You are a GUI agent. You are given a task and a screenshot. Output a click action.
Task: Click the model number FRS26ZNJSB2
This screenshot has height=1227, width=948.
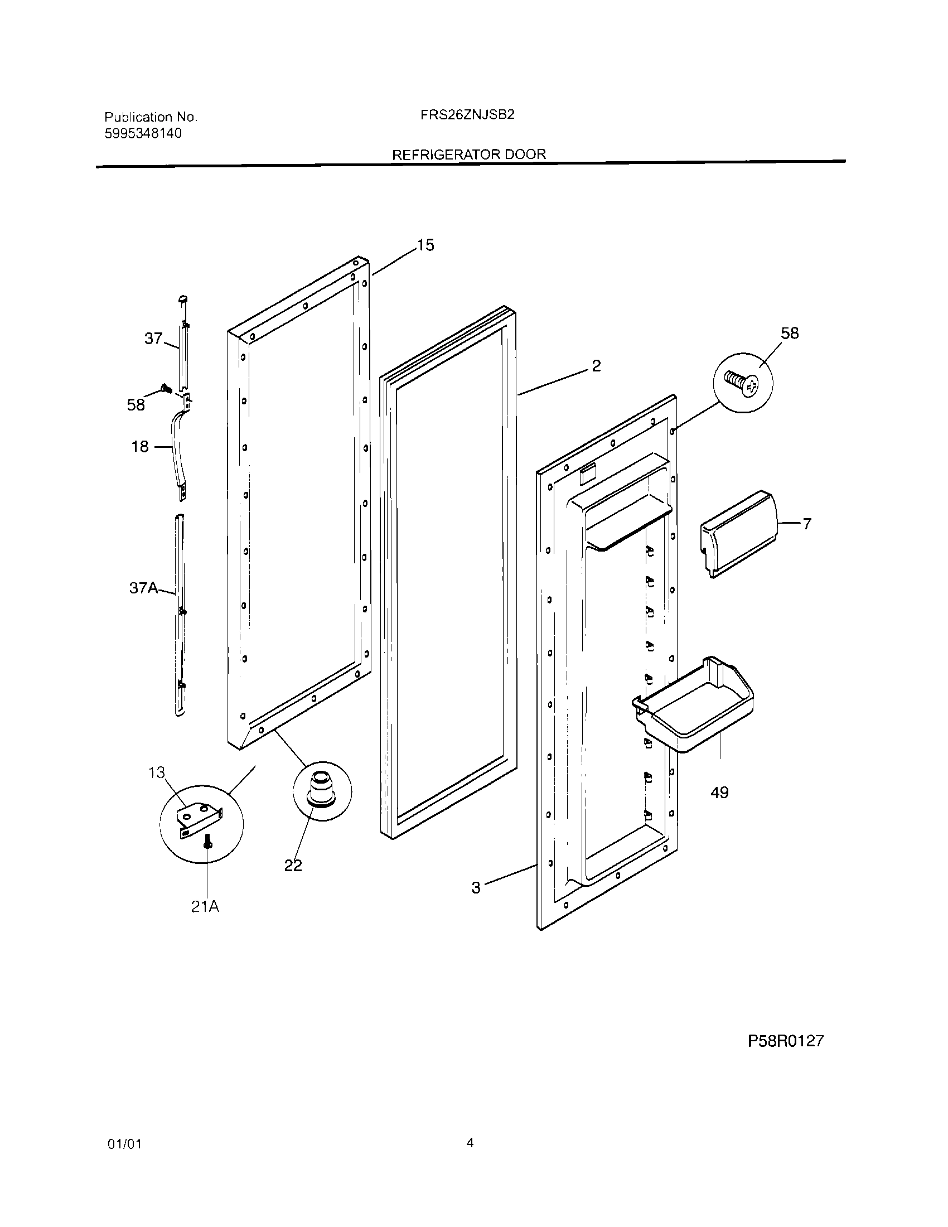(467, 115)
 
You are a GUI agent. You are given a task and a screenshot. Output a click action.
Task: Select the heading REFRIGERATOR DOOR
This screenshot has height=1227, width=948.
(468, 154)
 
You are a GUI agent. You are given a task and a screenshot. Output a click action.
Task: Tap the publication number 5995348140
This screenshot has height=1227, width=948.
(143, 134)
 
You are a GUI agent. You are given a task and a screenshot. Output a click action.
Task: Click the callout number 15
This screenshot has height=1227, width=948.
(425, 245)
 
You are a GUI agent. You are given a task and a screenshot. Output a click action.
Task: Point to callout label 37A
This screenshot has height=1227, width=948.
(144, 588)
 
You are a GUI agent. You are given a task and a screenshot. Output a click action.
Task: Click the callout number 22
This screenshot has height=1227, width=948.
(293, 866)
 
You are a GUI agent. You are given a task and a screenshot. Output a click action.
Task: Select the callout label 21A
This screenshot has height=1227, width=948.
(205, 906)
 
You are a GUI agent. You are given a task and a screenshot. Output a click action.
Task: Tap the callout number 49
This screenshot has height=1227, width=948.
(719, 793)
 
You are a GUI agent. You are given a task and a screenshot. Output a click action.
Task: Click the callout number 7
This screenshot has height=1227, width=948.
(806, 524)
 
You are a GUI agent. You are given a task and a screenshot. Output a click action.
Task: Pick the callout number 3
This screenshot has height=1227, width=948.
(476, 888)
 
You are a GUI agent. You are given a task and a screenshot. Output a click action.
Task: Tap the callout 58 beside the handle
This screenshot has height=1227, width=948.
(136, 405)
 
